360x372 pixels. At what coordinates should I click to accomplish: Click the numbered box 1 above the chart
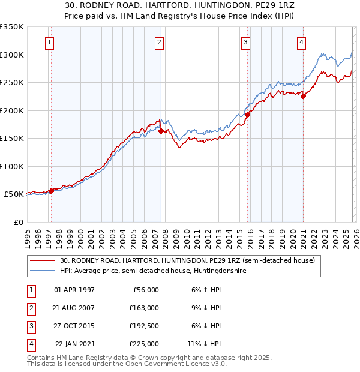click(49, 42)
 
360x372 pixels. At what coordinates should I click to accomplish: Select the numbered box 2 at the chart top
click(159, 42)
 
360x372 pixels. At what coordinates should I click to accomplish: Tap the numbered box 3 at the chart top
click(245, 42)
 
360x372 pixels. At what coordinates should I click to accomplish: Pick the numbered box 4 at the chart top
click(301, 42)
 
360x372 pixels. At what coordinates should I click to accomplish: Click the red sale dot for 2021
click(304, 96)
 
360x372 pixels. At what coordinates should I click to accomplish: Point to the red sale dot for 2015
click(247, 115)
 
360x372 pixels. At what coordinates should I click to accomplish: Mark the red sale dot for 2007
click(161, 131)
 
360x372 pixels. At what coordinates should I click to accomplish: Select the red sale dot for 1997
click(51, 191)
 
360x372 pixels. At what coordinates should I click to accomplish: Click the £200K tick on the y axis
click(12, 110)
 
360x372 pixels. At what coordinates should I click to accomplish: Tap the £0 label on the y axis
click(17, 222)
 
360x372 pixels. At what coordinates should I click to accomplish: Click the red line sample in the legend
click(43, 260)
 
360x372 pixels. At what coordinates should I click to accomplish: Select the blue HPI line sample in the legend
click(43, 271)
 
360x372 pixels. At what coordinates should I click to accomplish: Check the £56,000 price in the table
click(145, 290)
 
